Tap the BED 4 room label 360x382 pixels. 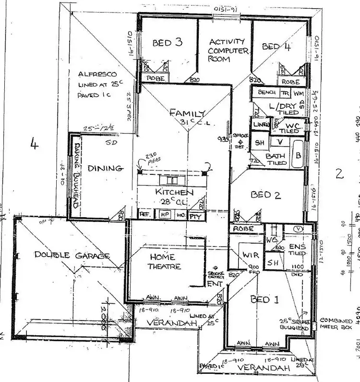(276, 47)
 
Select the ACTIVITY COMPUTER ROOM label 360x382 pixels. (228, 50)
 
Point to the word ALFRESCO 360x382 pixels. (97, 74)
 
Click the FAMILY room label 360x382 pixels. (187, 113)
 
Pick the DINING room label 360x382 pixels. (106, 168)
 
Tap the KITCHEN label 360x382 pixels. (174, 192)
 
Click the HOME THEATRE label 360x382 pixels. (165, 262)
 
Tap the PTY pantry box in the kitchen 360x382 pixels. (196, 216)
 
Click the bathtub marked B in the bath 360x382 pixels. (297, 155)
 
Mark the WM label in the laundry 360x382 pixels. (298, 92)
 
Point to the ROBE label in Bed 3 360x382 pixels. (156, 78)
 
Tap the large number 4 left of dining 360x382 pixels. (34, 145)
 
